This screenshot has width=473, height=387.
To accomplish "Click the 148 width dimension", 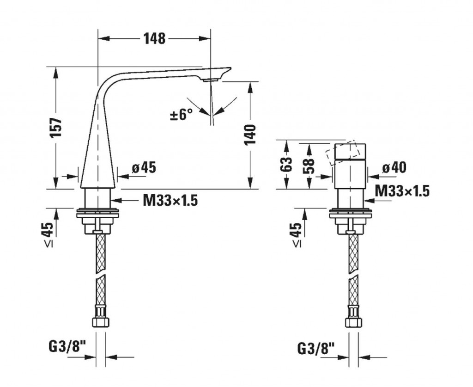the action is pyautogui.click(x=154, y=39).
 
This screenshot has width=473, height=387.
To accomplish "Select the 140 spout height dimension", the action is pyautogui.click(x=250, y=134).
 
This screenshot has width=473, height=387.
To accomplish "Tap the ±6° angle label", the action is pyautogui.click(x=181, y=115).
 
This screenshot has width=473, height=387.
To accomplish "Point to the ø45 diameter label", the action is pyautogui.click(x=144, y=167).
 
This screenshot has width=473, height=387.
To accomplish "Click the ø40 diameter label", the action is pyautogui.click(x=394, y=167).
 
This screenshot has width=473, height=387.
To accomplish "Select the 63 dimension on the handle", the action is pyautogui.click(x=286, y=165).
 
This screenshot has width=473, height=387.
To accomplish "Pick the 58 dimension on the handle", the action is pyautogui.click(x=308, y=166).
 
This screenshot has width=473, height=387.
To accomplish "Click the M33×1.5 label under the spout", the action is pyautogui.click(x=170, y=200).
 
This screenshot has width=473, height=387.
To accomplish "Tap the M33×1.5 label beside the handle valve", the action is pyautogui.click(x=402, y=191).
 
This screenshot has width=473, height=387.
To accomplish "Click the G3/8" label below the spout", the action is pyautogui.click(x=67, y=347).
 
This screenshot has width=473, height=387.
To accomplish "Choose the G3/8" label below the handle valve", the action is pyautogui.click(x=316, y=349).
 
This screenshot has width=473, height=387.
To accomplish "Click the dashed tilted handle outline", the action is pyautogui.click(x=343, y=153).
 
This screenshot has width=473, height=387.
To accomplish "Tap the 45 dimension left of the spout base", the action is pyautogui.click(x=47, y=229).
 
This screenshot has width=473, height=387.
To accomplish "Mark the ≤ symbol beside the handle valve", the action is pyautogui.click(x=297, y=245).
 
